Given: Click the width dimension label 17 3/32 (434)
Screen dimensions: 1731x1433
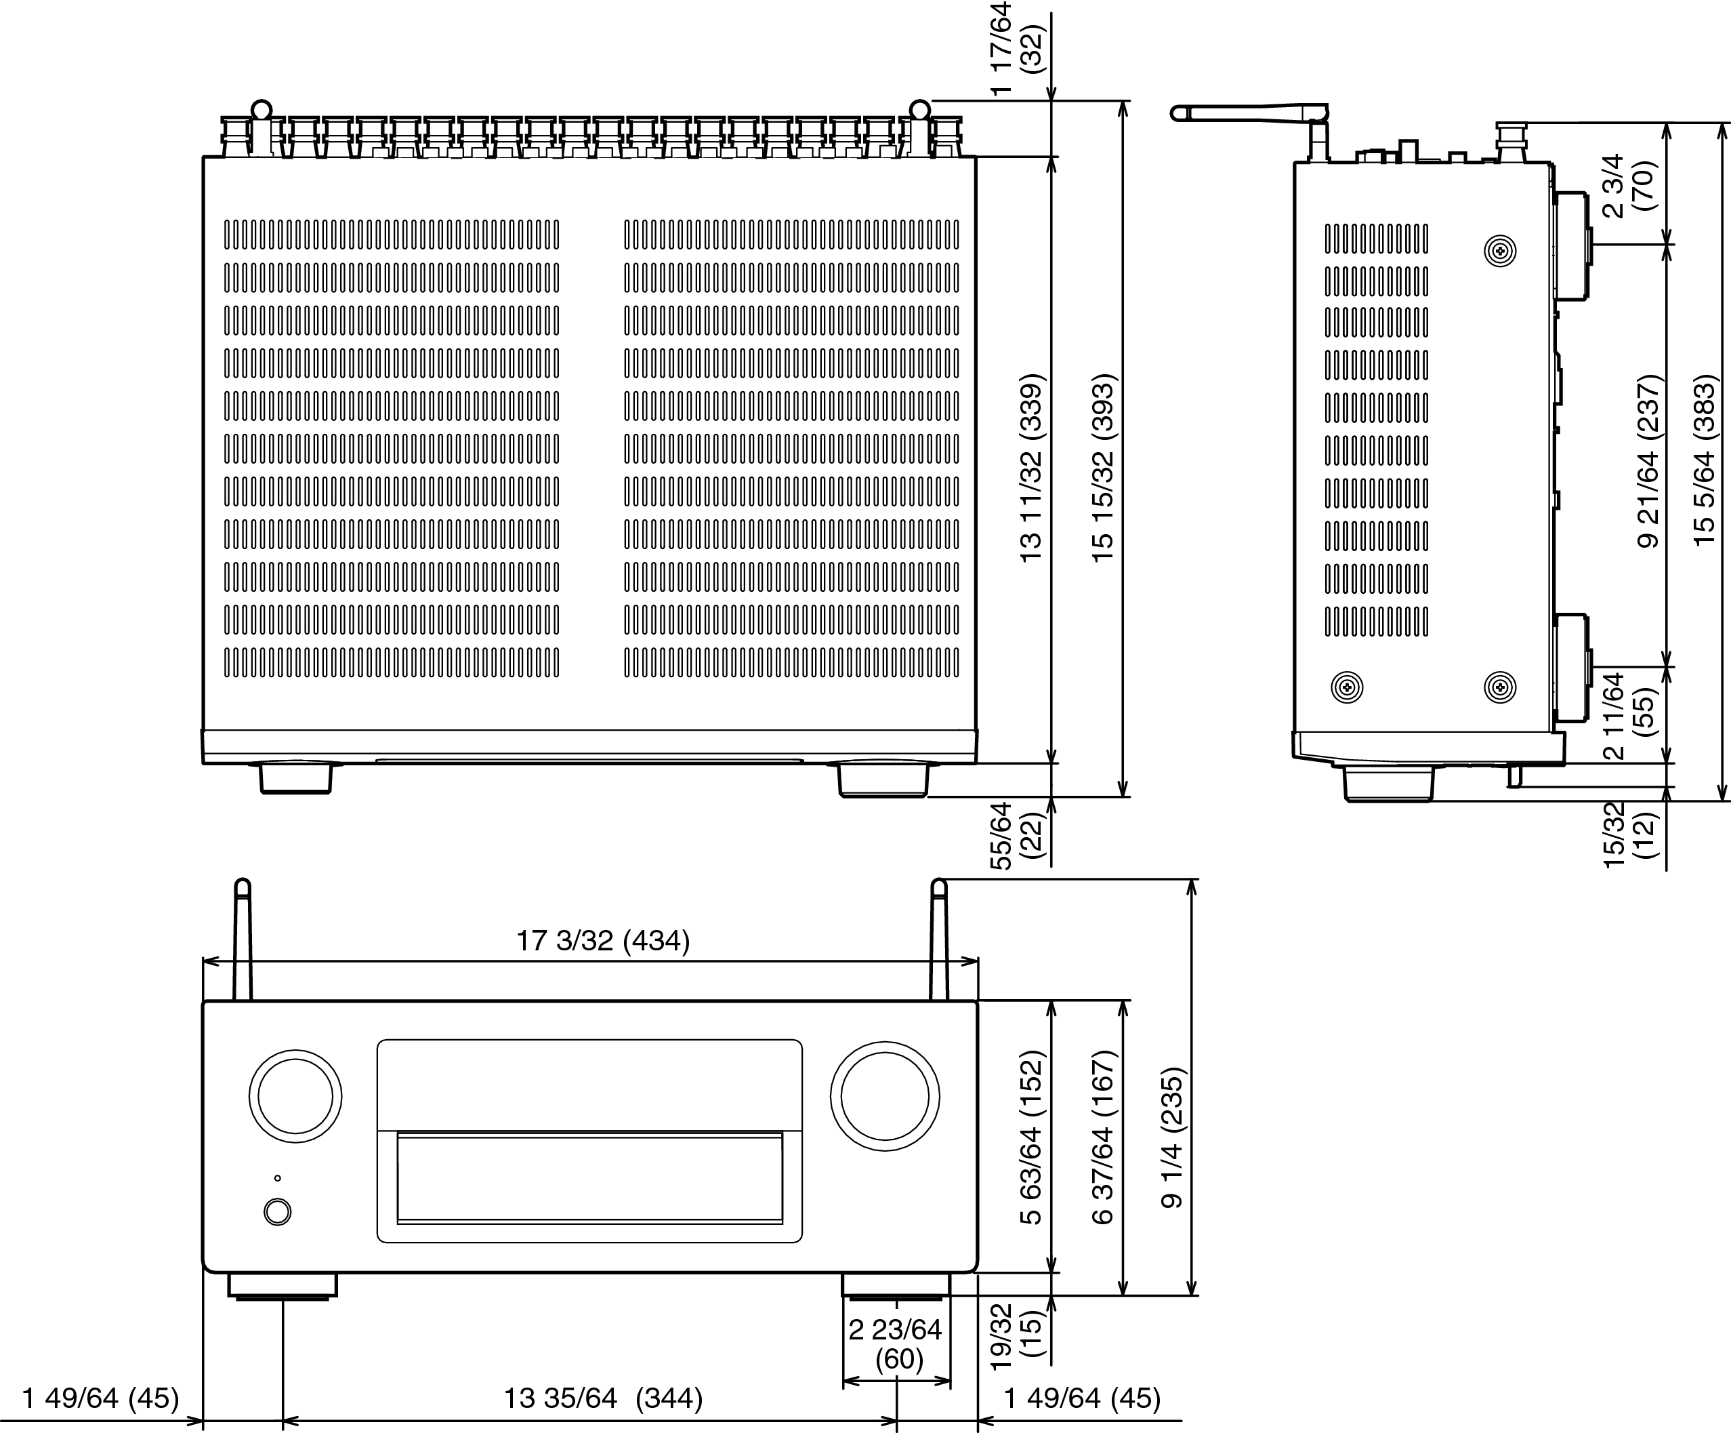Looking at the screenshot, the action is point(602,941).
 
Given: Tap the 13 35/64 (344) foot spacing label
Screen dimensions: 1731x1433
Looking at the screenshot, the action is point(602,1398).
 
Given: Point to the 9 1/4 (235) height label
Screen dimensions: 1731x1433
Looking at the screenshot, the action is point(1172,1139).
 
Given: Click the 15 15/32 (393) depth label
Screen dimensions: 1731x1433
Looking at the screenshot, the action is point(1103,468).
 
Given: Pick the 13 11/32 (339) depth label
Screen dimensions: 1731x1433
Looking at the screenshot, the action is point(1031,468).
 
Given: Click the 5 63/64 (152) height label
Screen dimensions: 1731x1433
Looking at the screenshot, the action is point(1031,1138).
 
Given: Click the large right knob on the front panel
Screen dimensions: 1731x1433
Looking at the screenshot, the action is point(884,1097).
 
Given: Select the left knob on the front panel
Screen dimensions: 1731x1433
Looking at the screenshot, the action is point(295,1097).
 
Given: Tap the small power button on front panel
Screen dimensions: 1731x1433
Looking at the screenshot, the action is point(278,1212).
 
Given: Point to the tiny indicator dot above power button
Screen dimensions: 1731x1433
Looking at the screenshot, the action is point(278,1178).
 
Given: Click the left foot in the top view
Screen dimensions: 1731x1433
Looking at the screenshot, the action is point(296,778).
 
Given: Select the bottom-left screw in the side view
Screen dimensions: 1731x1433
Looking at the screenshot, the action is point(1347,687).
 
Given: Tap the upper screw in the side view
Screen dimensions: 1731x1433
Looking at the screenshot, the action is point(1500,251).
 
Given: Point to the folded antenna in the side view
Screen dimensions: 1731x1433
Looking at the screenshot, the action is point(1249,113).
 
